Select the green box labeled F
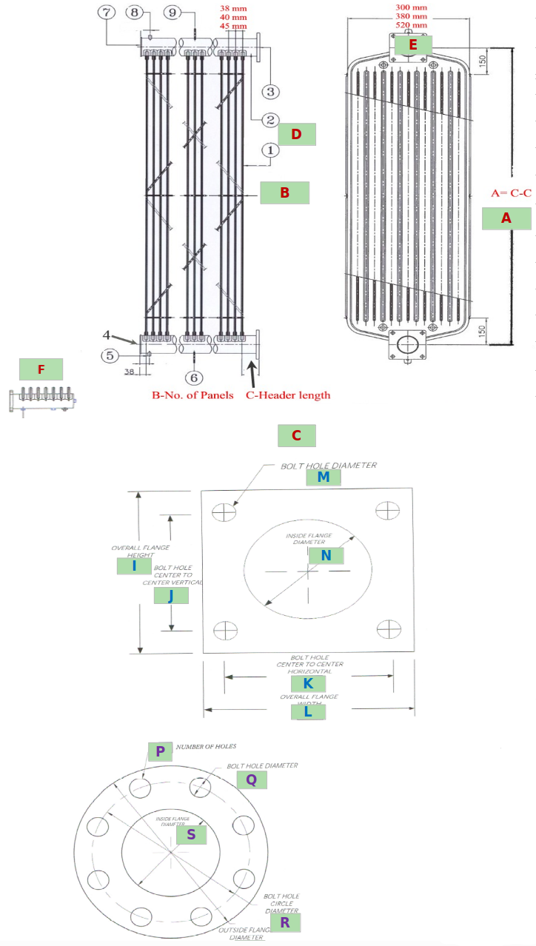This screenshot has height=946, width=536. coord(41,369)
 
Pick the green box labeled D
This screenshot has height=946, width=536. coord(296,134)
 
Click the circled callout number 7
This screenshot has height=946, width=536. coord(109,13)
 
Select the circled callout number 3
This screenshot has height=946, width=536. coord(269,92)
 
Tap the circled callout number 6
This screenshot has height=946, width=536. coord(195,378)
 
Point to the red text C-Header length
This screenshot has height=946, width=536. coord(288,395)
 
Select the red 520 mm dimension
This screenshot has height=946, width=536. coord(412,25)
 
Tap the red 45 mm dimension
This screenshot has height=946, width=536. coord(233,26)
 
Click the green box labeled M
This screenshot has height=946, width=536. coord(323,477)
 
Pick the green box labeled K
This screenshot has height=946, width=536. coord(308,684)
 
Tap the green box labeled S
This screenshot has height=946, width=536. coord(191,834)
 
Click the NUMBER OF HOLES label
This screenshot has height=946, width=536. coord(206,746)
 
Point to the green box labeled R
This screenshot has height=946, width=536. coord(284,922)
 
